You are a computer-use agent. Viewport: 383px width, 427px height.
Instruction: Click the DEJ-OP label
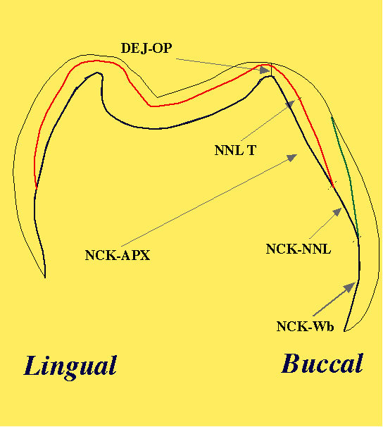pos(146,48)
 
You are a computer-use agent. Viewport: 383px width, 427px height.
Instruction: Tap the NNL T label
pos(235,150)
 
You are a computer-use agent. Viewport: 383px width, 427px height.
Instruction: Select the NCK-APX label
pos(118,256)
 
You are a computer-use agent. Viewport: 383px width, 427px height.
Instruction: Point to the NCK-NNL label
pos(299,249)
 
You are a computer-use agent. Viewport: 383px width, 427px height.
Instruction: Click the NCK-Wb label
pos(305,326)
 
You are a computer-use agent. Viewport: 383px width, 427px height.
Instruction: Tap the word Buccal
pos(322,364)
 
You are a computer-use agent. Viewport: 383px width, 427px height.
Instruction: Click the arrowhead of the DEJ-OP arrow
pos(265,70)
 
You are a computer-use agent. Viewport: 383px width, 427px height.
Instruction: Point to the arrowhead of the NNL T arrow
pos(291,104)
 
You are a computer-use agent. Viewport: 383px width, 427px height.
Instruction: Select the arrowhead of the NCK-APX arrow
pos(292,157)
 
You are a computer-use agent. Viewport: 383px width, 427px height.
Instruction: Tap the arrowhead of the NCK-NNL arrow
pos(337,212)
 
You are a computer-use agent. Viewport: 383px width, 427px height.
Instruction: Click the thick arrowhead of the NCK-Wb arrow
pos(350,287)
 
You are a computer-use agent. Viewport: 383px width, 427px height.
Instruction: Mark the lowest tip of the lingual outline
pos(45,278)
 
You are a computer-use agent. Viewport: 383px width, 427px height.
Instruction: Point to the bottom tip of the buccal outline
pos(345,331)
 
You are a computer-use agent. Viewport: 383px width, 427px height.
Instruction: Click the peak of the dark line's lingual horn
pos(97,73)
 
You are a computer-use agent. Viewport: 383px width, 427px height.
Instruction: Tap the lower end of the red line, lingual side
pos(36,188)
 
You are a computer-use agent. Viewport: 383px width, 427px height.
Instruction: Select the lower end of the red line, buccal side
pos(333,187)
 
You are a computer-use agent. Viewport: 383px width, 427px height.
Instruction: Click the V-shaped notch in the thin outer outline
pos(157,97)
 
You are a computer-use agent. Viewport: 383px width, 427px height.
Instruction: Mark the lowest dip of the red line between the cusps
pos(151,106)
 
